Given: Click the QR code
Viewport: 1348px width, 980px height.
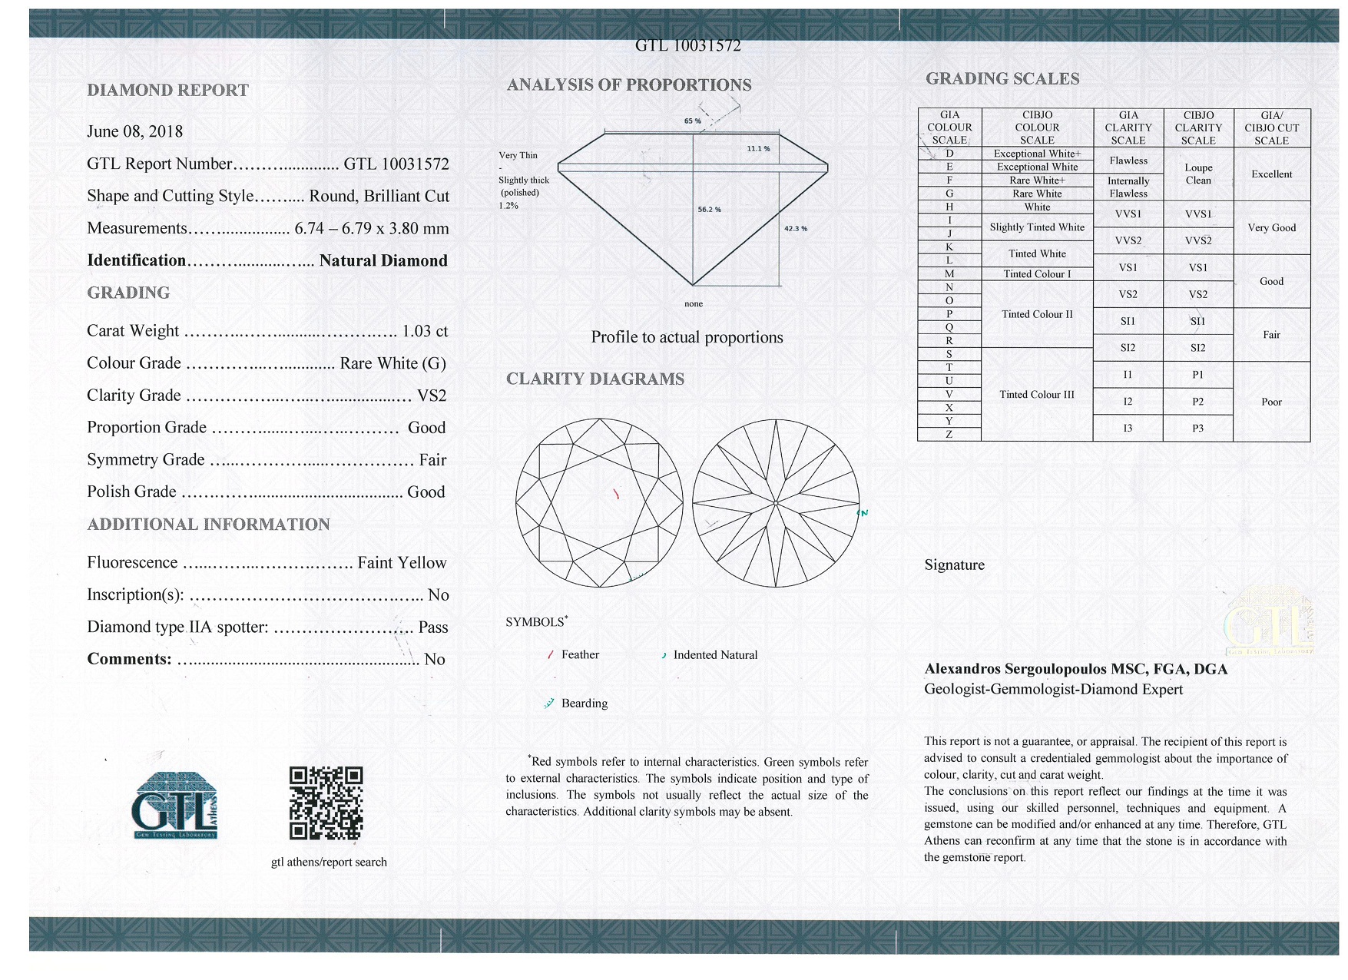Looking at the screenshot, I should click(x=326, y=803).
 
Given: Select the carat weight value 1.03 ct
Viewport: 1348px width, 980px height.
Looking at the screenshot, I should click(x=425, y=331).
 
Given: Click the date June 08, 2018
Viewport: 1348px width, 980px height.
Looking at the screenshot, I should click(x=135, y=131).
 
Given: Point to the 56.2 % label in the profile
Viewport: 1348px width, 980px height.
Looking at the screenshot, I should click(x=708, y=209).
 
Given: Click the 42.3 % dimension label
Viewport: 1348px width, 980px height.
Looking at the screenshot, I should click(x=795, y=228).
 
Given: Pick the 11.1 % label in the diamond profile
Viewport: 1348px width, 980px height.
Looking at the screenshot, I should click(x=758, y=148).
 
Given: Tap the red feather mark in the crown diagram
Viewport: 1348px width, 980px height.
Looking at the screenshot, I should click(x=616, y=494).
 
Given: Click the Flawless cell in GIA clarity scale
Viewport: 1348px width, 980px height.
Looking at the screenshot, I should click(x=1128, y=161).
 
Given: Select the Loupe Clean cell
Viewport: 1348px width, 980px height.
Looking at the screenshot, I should click(x=1197, y=174).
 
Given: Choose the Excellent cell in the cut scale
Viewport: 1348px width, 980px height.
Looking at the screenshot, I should click(x=1271, y=174).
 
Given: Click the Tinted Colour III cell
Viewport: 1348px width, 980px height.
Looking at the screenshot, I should click(x=1036, y=395).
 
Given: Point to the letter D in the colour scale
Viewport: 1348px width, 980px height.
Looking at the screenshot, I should click(x=949, y=154).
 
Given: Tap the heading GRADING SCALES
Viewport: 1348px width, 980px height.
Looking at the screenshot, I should click(x=1002, y=78).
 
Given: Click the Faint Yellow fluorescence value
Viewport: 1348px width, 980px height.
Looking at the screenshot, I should click(x=402, y=563).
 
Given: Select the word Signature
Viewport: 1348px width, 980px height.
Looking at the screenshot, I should click(x=954, y=565).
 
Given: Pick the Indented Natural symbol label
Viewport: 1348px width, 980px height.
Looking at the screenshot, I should click(x=714, y=655).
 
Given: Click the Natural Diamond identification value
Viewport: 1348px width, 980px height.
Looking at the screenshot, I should click(x=383, y=260).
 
